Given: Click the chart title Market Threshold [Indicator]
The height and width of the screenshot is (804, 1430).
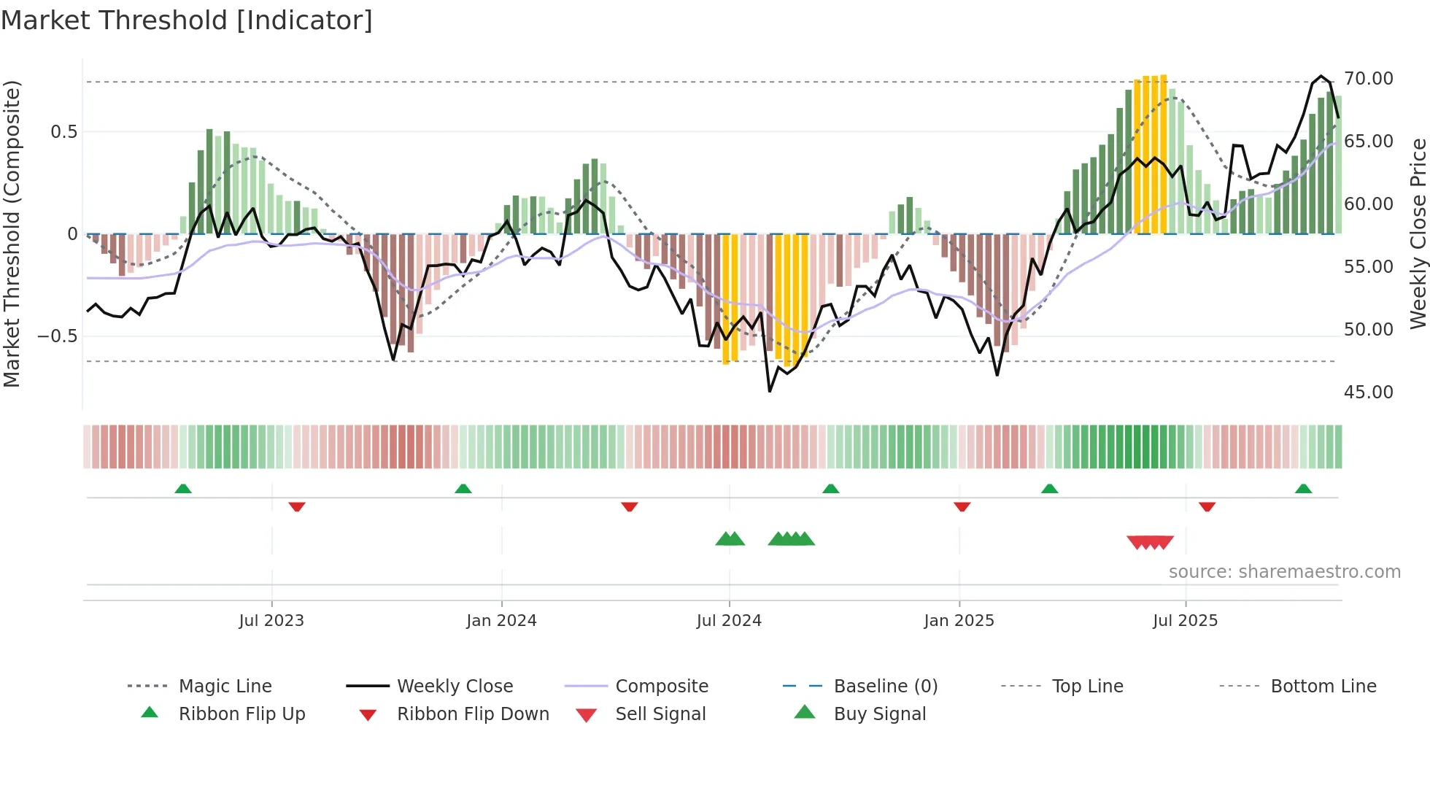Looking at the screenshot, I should pos(187,20).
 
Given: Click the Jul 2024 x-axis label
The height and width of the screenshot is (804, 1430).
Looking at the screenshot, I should pos(729,620).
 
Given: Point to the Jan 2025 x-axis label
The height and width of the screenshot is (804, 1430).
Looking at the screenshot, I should pos(959,620).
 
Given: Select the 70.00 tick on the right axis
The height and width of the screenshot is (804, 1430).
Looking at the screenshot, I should pos(1368,78).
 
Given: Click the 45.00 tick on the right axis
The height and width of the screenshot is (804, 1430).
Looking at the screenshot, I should pos(1368,392).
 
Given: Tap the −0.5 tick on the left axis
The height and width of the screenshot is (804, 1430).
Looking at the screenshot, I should pos(57,336).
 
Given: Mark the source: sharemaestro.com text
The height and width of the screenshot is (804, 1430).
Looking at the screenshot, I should pos(1284,571).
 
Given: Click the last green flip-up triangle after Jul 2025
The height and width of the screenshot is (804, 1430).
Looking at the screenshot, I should pos(1303,489).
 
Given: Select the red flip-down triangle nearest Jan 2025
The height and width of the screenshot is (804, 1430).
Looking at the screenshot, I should pos(962,506).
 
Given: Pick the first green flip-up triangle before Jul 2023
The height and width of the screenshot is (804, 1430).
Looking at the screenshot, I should pos(183,489).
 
